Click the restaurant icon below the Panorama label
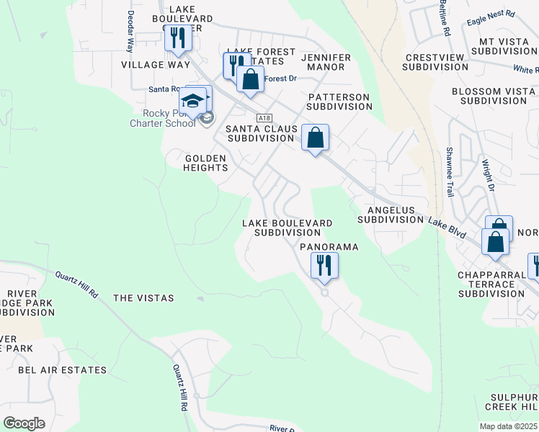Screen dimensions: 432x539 coord(324,265)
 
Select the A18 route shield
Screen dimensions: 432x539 coord(263,117)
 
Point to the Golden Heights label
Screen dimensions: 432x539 coord(206,163)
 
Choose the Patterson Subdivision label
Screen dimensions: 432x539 coord(339,102)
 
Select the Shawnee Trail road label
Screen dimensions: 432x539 coord(449,180)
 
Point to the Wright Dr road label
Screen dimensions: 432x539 coord(489,176)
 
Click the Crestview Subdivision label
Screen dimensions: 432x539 coord(436,62)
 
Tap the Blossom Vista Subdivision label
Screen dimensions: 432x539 coord(494,96)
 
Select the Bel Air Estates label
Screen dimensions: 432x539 coord(62,370)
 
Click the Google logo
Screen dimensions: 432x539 coord(24,423)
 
